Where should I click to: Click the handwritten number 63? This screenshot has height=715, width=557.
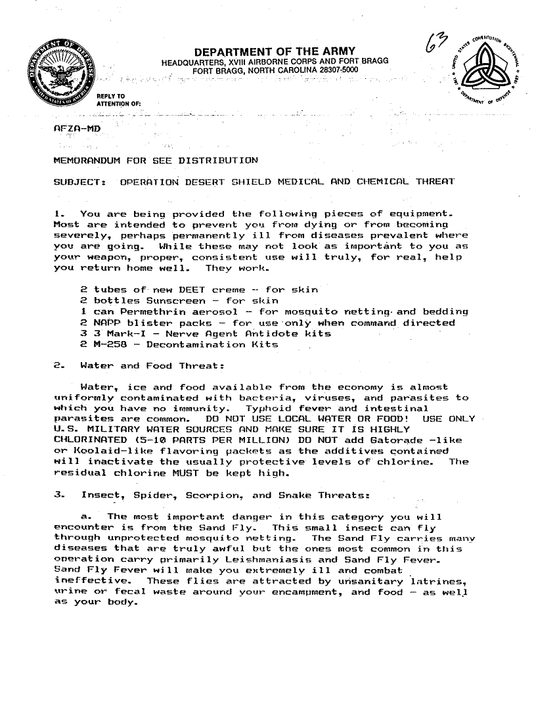tap(435, 47)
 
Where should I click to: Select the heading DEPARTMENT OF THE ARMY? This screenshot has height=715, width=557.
tap(275, 52)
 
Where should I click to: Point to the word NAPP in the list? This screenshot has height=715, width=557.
tap(105, 323)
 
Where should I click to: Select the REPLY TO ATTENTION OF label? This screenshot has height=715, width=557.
tap(117, 99)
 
